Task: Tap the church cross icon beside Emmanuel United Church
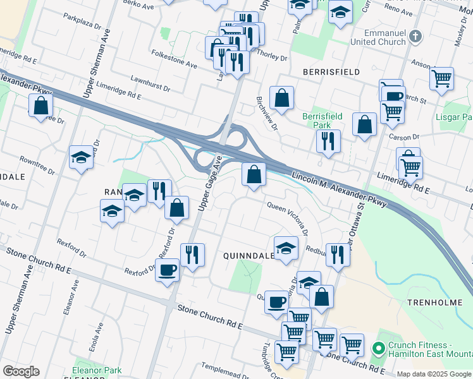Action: click(415, 36)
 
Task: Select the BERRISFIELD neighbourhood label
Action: click(331, 72)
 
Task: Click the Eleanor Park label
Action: click(96, 370)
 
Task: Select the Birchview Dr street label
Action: click(267, 114)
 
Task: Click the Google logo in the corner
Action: click(21, 371)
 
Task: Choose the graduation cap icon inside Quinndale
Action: click(286, 247)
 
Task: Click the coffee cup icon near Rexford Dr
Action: click(168, 270)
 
